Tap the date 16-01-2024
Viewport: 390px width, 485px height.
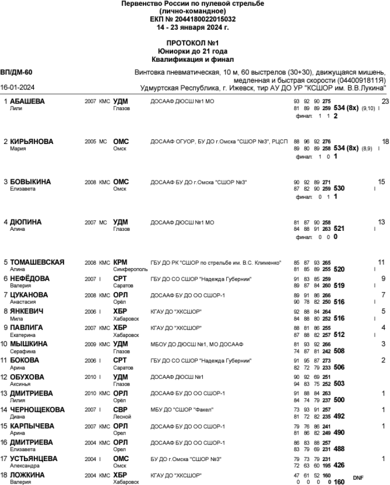coord(15,87)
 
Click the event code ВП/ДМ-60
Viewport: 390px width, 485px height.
coord(17,72)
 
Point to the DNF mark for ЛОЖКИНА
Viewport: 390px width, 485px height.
coord(358,477)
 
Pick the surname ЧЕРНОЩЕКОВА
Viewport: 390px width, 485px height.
coord(37,410)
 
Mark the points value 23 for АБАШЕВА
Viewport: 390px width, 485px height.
coord(385,101)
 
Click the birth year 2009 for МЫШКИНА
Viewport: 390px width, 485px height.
coord(90,344)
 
